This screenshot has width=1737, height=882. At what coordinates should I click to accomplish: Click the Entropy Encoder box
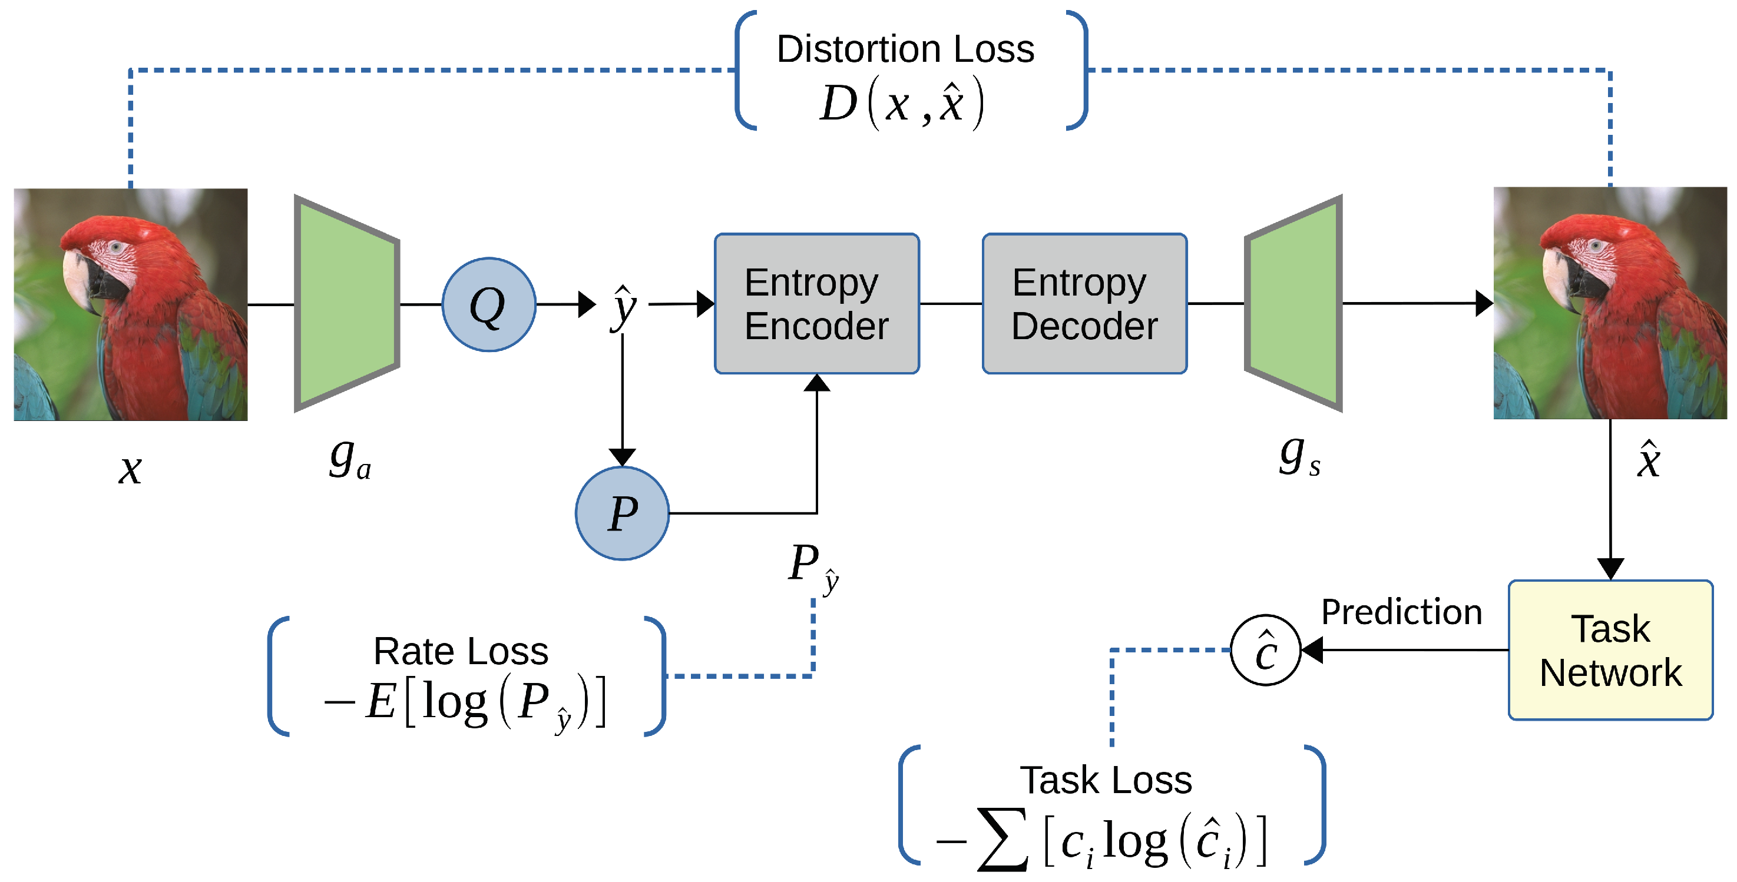(816, 303)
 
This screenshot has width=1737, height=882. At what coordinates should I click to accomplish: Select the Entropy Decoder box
(1084, 303)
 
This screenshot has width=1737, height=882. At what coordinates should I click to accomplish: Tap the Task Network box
(1610, 650)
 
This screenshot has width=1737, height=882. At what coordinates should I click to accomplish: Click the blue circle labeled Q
(489, 304)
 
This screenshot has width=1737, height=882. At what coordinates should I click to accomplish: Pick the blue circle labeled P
(622, 513)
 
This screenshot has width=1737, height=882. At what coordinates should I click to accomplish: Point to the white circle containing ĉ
(1266, 650)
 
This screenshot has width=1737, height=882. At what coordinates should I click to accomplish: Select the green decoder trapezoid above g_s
(1293, 303)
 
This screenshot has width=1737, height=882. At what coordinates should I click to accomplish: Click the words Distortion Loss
(905, 49)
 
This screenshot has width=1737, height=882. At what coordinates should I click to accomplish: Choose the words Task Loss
(1106, 780)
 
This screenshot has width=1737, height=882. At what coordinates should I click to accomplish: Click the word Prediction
(1401, 612)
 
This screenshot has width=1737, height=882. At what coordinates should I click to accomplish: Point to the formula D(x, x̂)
(902, 104)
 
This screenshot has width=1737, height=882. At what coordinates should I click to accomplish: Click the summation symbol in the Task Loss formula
(1003, 840)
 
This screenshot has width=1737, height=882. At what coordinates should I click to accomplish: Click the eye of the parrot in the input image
(117, 247)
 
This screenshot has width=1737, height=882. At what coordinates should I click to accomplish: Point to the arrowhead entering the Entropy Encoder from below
(816, 383)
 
